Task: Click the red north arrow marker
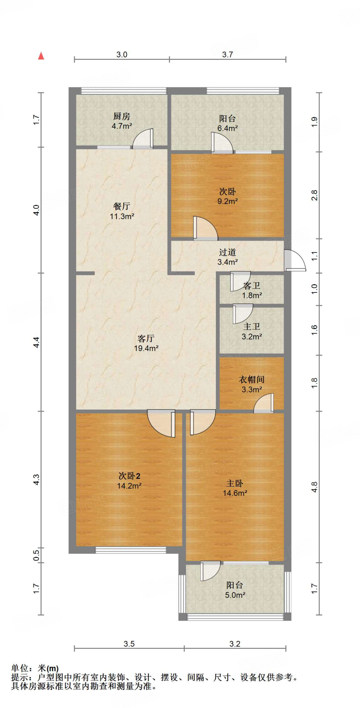click(x=41, y=56)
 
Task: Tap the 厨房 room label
click(x=122, y=117)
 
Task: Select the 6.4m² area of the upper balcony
click(x=227, y=128)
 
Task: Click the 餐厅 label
click(x=122, y=206)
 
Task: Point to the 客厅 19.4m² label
click(x=146, y=343)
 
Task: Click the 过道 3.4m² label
click(x=227, y=257)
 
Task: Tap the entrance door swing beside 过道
click(x=294, y=260)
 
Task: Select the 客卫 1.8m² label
click(x=252, y=291)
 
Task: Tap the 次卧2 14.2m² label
click(x=129, y=481)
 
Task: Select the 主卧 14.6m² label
click(x=235, y=488)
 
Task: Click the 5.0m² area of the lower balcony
click(x=235, y=595)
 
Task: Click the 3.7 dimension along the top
click(x=227, y=55)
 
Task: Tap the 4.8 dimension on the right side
click(x=314, y=487)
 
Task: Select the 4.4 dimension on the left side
click(x=36, y=342)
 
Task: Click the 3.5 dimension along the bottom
click(x=129, y=644)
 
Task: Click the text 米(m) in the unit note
click(x=48, y=669)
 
